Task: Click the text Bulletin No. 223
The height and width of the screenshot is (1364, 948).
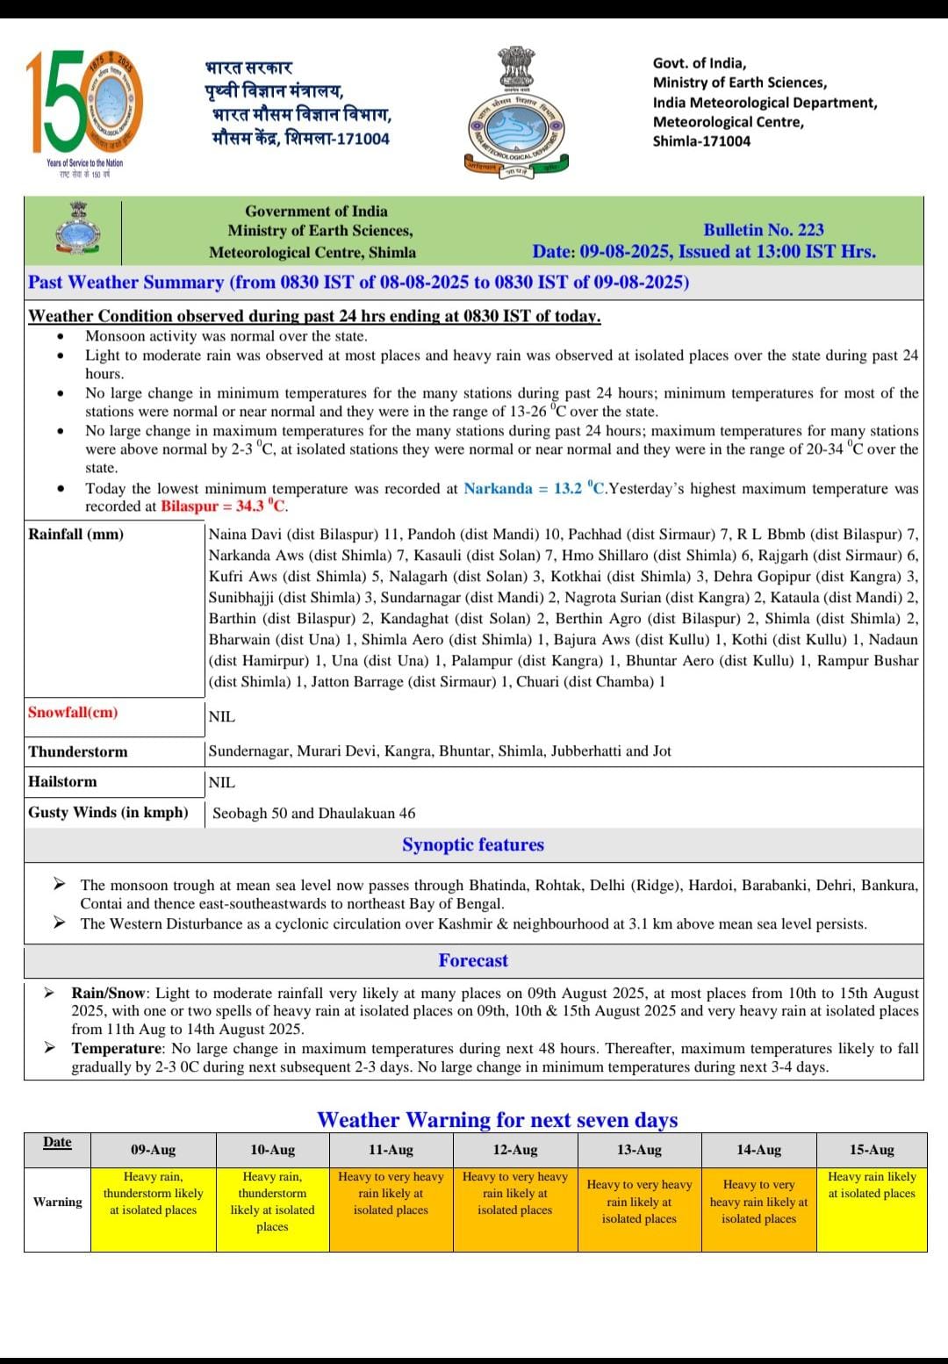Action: point(763,230)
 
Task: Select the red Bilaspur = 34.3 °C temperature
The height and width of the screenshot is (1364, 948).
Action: point(224,506)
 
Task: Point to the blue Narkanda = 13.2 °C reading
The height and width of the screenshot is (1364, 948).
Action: point(535,488)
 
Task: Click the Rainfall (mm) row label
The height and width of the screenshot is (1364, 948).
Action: point(75,535)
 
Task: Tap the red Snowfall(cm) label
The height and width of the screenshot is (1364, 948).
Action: point(72,713)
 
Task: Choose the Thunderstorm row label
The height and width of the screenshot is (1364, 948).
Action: point(77,751)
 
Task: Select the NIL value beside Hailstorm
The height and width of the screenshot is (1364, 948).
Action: point(222,782)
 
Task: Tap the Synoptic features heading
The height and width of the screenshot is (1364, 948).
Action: point(473,845)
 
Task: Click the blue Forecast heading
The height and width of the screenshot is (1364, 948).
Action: point(473,961)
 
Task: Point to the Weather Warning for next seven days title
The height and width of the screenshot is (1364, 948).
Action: point(497,1120)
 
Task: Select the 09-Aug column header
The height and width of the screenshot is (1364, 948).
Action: point(153,1150)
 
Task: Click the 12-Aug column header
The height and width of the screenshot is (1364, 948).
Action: point(514,1150)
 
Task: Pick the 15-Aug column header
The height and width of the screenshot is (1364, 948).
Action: point(871,1150)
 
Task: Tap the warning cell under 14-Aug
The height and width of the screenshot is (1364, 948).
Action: point(758,1202)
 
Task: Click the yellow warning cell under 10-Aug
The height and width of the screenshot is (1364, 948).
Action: point(272,1202)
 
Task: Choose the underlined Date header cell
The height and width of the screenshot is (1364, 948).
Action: point(57,1142)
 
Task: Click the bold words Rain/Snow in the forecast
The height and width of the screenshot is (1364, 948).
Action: point(108,994)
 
